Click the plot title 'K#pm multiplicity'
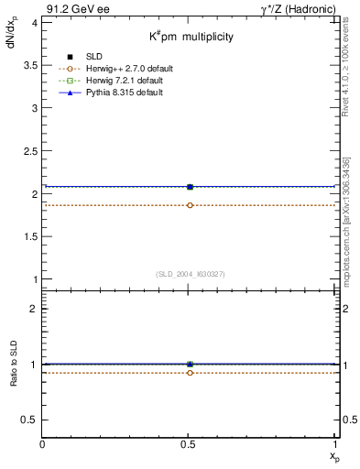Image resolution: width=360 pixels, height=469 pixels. pyautogui.click(x=191, y=37)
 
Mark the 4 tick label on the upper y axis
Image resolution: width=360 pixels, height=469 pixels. pyautogui.click(x=34, y=21)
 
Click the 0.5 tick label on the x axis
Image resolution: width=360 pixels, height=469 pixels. pyautogui.click(x=190, y=444)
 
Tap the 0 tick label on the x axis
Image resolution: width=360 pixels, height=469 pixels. pyautogui.click(x=43, y=444)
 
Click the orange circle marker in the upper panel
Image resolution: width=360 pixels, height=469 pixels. pyautogui.click(x=190, y=205)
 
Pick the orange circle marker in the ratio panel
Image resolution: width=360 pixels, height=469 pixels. pyautogui.click(x=190, y=373)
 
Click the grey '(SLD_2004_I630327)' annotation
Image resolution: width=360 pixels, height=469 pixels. pyautogui.click(x=190, y=274)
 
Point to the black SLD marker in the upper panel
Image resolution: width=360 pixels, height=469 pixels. pyautogui.click(x=190, y=187)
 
